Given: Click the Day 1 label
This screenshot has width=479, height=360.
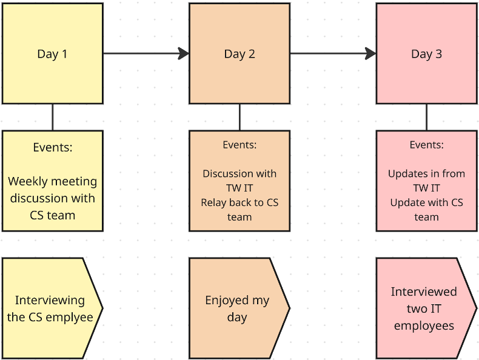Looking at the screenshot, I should (52, 54).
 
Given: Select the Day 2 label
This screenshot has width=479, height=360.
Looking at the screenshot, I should (239, 54).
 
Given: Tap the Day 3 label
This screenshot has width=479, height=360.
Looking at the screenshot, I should (426, 54).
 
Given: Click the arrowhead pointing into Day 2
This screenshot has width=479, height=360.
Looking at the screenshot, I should (184, 54).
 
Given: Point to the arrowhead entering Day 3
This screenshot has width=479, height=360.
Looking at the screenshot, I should (370, 54).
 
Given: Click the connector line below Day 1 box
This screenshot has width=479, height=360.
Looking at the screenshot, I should (52, 117).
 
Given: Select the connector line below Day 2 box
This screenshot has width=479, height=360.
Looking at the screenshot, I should (239, 117).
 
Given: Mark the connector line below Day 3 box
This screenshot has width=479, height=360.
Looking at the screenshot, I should (426, 117).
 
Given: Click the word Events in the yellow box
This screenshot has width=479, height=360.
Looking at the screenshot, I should (52, 147).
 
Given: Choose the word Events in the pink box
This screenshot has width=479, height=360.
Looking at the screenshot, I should (426, 145).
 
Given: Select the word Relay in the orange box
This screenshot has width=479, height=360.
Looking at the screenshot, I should (215, 202).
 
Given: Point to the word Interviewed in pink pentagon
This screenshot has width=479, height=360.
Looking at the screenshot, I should (424, 292).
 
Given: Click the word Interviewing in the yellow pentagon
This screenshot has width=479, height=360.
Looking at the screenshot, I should (50, 300).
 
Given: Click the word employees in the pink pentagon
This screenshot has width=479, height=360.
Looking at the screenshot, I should (424, 325).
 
